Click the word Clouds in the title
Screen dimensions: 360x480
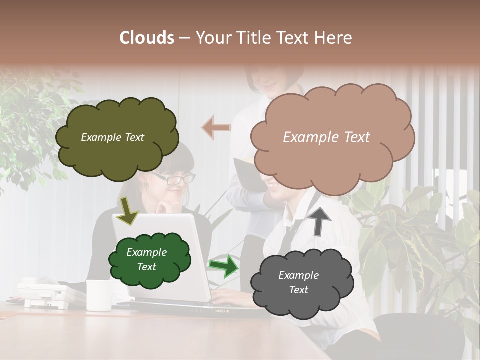click(x=147, y=38)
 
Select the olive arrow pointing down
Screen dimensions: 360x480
click(x=127, y=210)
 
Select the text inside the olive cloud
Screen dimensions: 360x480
click(x=112, y=137)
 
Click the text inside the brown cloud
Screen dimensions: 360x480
click(x=326, y=137)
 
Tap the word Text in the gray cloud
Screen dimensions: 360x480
click(x=298, y=290)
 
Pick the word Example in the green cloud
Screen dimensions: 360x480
click(x=146, y=252)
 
